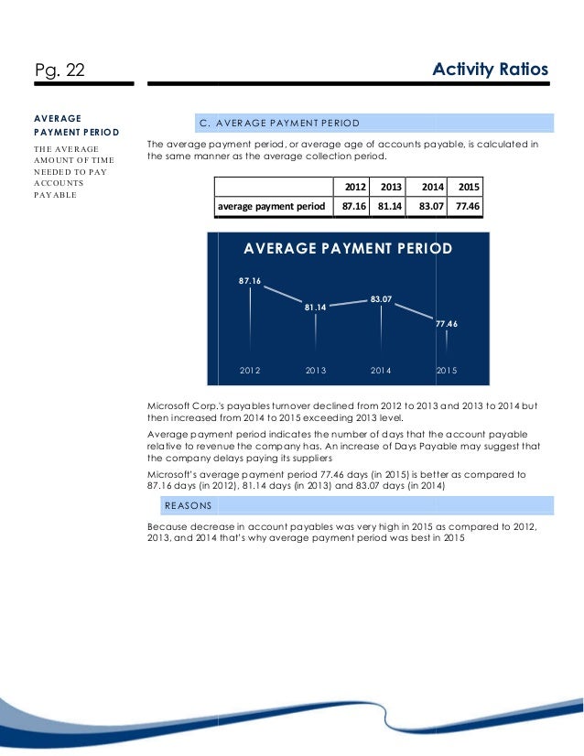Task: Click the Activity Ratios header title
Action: [x=490, y=69]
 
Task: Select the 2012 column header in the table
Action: [x=354, y=187]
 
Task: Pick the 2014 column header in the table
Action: [x=432, y=187]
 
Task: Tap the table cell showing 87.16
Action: [x=354, y=207]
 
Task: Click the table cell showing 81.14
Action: [x=391, y=207]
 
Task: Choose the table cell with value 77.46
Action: [x=470, y=207]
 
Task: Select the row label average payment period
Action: [x=271, y=207]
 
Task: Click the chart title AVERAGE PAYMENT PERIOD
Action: [x=348, y=249]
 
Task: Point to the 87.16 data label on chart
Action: [x=250, y=280]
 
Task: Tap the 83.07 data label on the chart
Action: [x=382, y=298]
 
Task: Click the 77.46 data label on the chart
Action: [x=447, y=323]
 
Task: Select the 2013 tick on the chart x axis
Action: [x=316, y=371]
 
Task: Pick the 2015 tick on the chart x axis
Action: [x=447, y=371]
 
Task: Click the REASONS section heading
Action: [x=189, y=505]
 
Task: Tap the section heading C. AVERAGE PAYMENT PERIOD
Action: [x=279, y=123]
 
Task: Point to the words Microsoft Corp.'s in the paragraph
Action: [x=182, y=405]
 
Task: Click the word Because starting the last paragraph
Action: [x=167, y=527]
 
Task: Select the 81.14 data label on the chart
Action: [x=316, y=308]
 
